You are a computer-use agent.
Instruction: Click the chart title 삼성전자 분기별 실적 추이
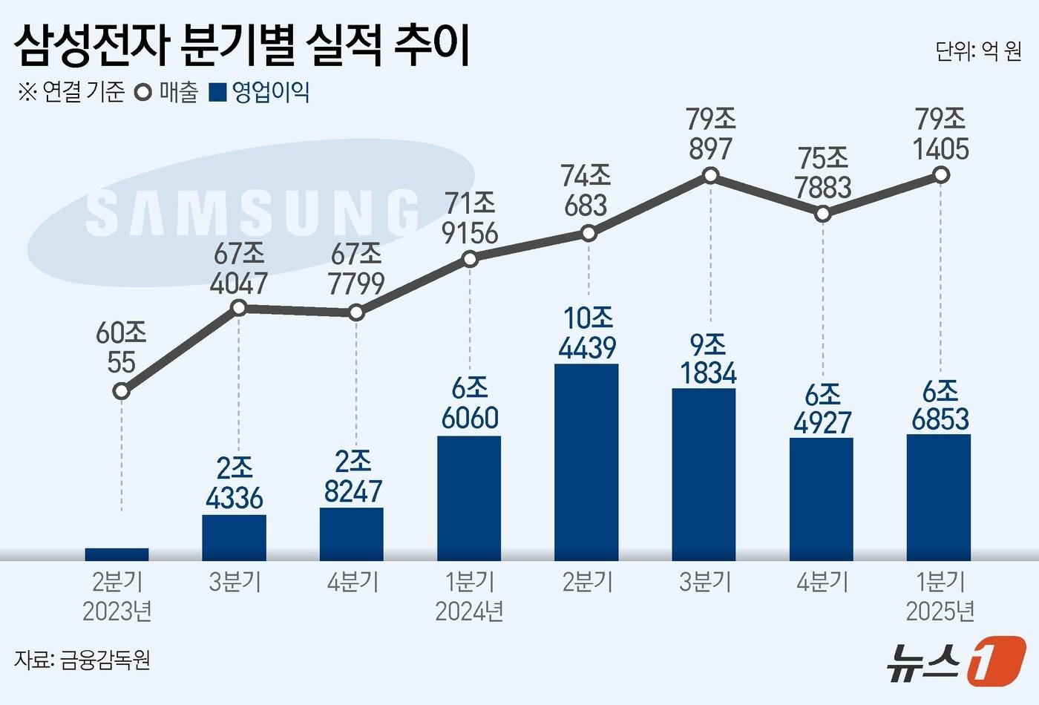click(242, 46)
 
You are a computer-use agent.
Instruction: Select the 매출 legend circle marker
click(142, 93)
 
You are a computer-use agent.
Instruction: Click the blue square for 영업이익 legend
click(218, 93)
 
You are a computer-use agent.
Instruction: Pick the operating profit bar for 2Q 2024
click(586, 462)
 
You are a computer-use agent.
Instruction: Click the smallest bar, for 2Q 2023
click(117, 554)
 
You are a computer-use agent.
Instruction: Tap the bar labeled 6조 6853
click(938, 496)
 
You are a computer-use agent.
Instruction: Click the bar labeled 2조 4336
click(234, 537)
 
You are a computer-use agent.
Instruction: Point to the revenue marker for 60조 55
click(121, 390)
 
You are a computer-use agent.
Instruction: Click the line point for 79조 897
click(710, 175)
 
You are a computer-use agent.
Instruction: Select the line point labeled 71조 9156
click(469, 259)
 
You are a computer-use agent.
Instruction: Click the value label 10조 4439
click(588, 332)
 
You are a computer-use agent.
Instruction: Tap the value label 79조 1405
click(940, 134)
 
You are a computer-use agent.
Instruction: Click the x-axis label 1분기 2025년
click(940, 596)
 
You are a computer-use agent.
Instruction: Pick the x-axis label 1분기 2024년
click(469, 596)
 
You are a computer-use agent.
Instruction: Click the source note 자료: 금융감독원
click(82, 659)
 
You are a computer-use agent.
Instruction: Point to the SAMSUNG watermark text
click(252, 212)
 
